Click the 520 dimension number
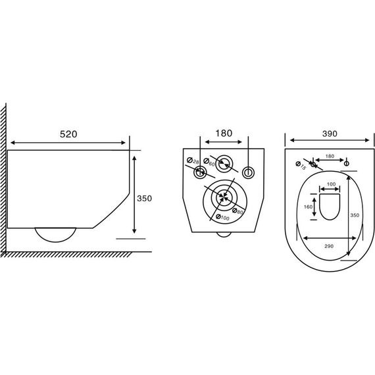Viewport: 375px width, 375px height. tap(68, 134)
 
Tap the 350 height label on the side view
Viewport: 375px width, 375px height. tap(144, 198)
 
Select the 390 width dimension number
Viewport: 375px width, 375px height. tap(330, 134)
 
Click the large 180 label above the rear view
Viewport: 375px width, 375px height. tap(224, 133)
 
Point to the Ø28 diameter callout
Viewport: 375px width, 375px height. tap(193, 161)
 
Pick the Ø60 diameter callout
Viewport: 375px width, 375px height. tap(209, 162)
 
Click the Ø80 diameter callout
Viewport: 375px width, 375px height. tap(238, 211)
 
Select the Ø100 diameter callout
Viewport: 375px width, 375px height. tap(222, 217)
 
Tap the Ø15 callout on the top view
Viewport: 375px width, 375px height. tap(301, 166)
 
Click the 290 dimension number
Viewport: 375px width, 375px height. tap(329, 246)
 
